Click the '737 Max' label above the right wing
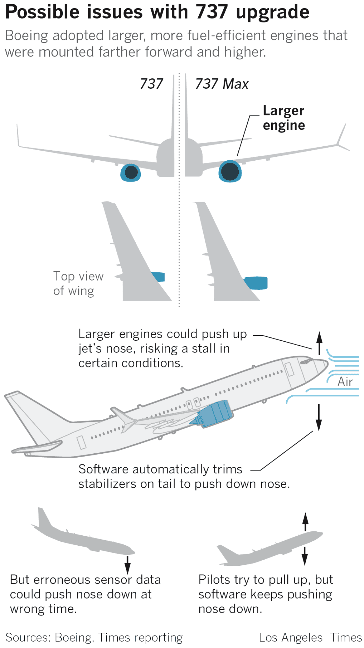(x=222, y=84)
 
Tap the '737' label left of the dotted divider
(x=151, y=84)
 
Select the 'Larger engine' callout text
(x=284, y=118)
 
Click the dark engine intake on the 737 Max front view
(x=230, y=172)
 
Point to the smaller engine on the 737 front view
(x=131, y=173)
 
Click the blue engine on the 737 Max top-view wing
(x=257, y=283)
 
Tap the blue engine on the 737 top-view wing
(x=159, y=277)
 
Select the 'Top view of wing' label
(x=78, y=283)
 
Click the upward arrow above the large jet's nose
(x=319, y=343)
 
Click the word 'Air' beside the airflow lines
(x=345, y=382)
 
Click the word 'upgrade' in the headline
(x=272, y=12)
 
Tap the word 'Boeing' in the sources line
(x=73, y=637)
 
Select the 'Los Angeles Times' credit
(x=310, y=637)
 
